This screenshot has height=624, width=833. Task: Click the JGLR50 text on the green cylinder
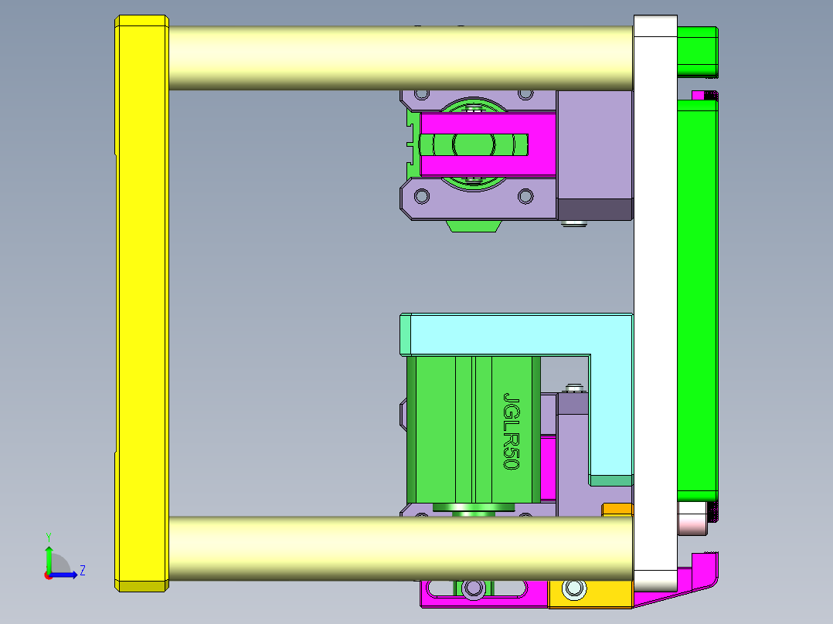point(511,430)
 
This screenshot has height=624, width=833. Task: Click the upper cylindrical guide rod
point(400,58)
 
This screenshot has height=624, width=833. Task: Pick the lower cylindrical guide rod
point(400,548)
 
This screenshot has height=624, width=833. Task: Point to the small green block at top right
point(697,49)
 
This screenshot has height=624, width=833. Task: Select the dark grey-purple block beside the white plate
point(594,209)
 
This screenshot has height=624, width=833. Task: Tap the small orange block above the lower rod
point(617,509)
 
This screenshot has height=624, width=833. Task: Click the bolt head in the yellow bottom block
point(574,589)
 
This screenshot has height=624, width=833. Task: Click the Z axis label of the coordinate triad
point(82,571)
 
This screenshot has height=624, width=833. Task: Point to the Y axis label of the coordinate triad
point(48,536)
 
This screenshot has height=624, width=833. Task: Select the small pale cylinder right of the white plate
point(692,520)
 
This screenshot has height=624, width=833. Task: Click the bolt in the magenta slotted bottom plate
point(472,589)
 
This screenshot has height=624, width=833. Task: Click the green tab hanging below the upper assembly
point(473,226)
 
